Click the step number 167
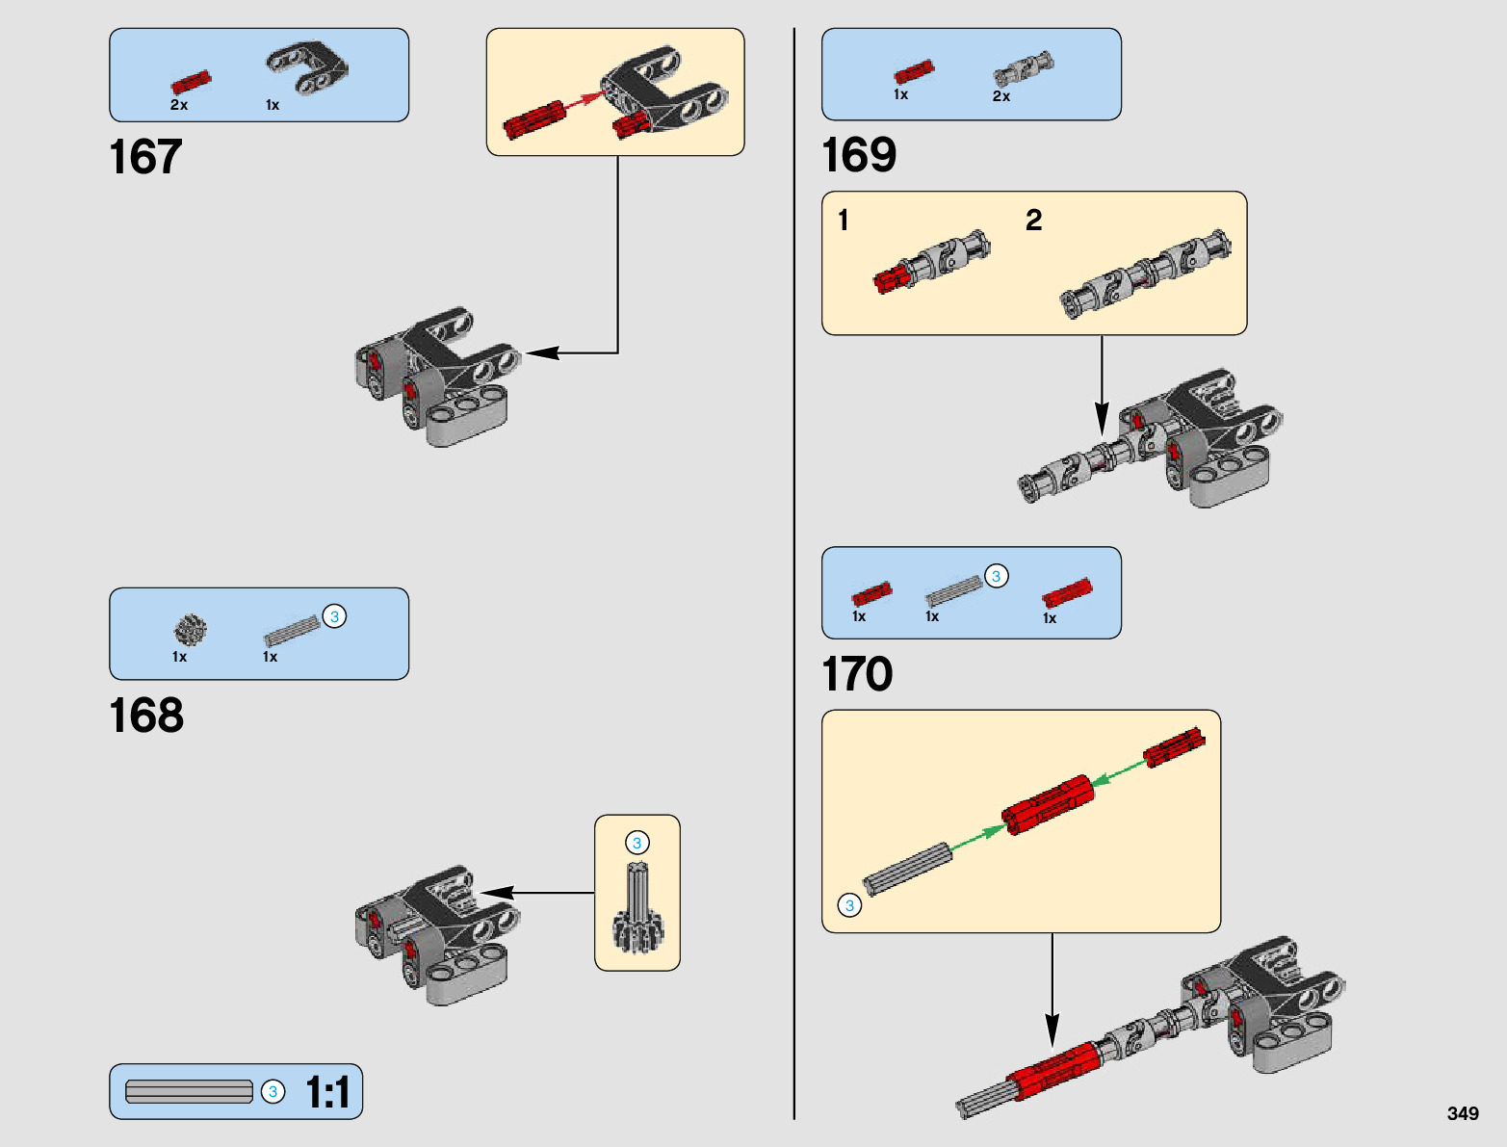(145, 157)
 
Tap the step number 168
(146, 716)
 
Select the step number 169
(859, 154)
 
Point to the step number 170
(858, 673)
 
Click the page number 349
(1463, 1113)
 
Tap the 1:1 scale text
(327, 1092)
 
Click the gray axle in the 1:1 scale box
(189, 1091)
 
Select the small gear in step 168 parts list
(190, 630)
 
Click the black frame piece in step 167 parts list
(307, 67)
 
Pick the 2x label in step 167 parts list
(179, 105)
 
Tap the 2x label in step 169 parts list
(1001, 96)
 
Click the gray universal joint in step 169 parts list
(1024, 68)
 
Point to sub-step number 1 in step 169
(844, 221)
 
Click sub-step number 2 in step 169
(1034, 221)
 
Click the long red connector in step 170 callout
(1048, 804)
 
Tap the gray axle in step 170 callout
(908, 869)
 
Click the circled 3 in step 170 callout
(850, 905)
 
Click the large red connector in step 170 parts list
(1067, 592)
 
